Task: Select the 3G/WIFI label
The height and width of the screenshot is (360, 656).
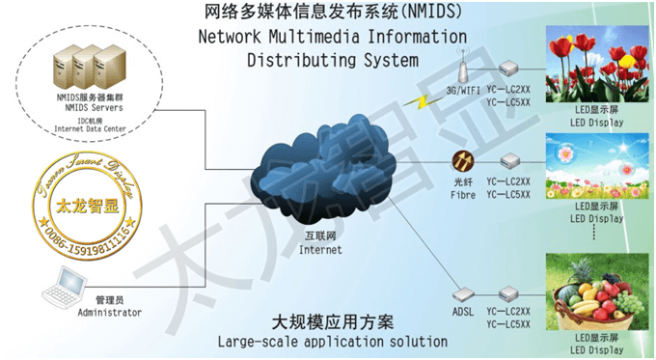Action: [x=461, y=91]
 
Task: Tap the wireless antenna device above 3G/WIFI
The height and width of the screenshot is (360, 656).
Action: [x=462, y=68]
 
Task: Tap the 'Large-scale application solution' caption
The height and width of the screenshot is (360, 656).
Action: [x=333, y=342]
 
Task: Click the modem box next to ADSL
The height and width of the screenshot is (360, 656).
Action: [x=509, y=293]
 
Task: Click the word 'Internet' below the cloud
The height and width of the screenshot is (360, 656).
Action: [x=320, y=249]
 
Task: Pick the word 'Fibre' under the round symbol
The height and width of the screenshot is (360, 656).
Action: [x=462, y=194]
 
